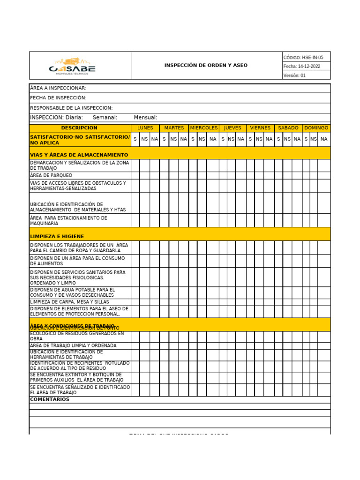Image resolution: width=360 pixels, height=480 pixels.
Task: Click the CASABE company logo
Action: click(x=72, y=66)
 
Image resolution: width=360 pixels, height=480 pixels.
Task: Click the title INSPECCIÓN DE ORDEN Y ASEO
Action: click(x=206, y=66)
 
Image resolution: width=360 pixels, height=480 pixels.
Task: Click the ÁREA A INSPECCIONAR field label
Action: click(x=58, y=88)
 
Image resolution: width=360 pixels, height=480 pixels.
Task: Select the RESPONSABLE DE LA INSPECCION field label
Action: click(x=71, y=108)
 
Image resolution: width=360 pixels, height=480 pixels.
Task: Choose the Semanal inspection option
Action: click(x=105, y=118)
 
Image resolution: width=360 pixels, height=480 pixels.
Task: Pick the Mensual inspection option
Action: click(x=145, y=118)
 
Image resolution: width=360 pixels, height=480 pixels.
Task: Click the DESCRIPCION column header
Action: click(x=79, y=128)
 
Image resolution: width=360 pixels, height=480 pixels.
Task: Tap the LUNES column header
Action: click(x=145, y=128)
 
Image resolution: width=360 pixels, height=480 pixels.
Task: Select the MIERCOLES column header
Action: click(x=203, y=128)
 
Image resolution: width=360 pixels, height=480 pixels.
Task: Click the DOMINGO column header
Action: click(x=316, y=128)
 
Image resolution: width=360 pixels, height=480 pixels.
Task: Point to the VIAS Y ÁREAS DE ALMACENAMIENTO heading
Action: click(x=79, y=155)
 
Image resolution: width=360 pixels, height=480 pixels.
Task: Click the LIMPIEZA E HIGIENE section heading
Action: click(x=57, y=236)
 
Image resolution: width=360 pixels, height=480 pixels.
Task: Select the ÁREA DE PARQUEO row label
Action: click(x=51, y=175)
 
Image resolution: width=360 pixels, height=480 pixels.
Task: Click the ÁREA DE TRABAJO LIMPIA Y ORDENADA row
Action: click(x=73, y=345)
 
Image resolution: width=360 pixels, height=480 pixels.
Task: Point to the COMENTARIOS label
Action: click(x=50, y=399)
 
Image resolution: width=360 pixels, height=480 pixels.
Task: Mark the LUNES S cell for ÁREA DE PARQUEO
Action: click(x=135, y=175)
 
